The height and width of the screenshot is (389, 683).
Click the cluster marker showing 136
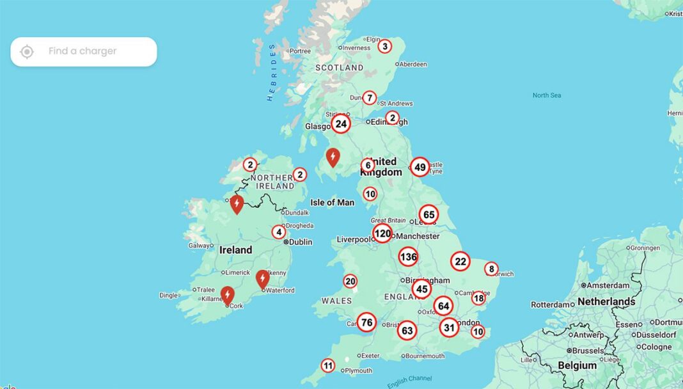[408, 257]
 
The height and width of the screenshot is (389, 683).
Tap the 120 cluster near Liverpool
[382, 234]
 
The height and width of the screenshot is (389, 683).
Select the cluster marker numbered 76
[366, 322]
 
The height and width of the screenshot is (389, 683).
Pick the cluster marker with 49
[420, 168]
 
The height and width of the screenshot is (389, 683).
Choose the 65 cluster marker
[428, 214]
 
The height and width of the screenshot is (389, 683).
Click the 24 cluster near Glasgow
[341, 123]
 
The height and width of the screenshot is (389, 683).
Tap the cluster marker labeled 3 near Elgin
[384, 46]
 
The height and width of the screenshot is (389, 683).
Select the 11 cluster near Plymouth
[327, 366]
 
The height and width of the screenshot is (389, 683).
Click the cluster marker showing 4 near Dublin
[278, 232]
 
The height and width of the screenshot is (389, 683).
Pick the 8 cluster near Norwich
[491, 269]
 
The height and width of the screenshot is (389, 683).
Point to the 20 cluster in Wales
[350, 281]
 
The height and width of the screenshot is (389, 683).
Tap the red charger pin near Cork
[227, 294]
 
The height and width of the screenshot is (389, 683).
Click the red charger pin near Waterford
[262, 278]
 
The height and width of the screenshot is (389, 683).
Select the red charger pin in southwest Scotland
[333, 156]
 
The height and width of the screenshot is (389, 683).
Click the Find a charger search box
[90, 51]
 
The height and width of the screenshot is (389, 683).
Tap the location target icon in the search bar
[27, 52]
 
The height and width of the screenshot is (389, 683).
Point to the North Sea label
[547, 95]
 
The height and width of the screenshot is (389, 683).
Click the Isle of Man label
[332, 202]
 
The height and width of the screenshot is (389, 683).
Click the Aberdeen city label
[414, 64]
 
